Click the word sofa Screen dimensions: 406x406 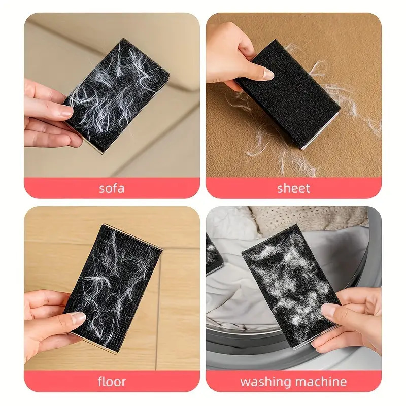click(112, 188)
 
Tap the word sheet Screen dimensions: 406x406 click(294, 188)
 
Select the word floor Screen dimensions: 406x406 click(112, 382)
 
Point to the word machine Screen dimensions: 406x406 click(321, 382)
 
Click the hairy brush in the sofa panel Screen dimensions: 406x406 click(116, 96)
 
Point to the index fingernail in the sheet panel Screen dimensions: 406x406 click(268, 75)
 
